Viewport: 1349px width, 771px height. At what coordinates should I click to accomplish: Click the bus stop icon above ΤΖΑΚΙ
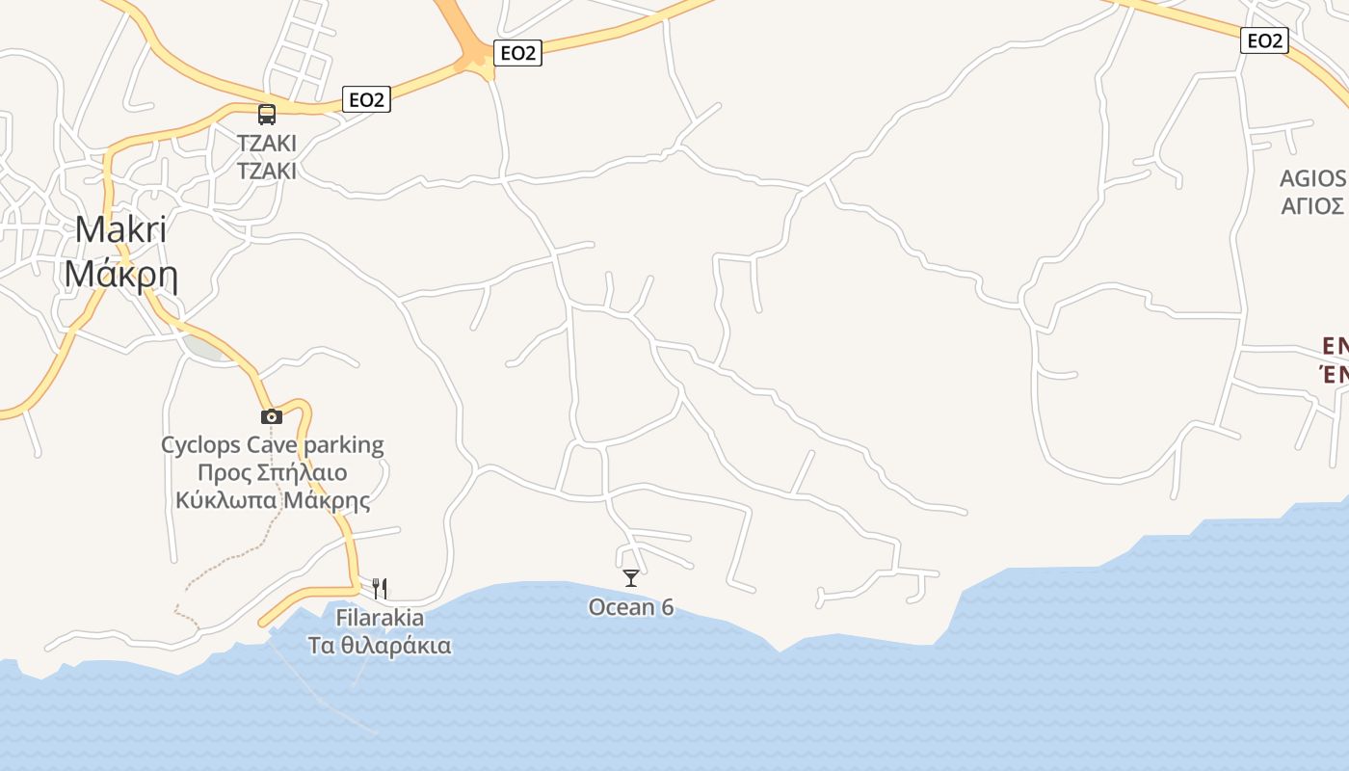pyautogui.click(x=267, y=115)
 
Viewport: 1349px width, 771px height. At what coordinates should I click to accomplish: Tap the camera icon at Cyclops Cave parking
pyautogui.click(x=272, y=416)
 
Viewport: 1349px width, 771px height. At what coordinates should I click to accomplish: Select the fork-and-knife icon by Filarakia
pyautogui.click(x=380, y=588)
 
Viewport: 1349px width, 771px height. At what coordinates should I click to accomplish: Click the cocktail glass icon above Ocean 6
pyautogui.click(x=631, y=578)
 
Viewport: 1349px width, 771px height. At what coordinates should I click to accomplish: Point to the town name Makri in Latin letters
pyautogui.click(x=120, y=229)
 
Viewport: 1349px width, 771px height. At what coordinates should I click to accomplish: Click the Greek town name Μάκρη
pyautogui.click(x=120, y=275)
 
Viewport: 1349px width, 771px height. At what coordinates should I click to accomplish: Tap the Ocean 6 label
pyautogui.click(x=631, y=607)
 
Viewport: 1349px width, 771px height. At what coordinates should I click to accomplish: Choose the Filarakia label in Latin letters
pyautogui.click(x=380, y=618)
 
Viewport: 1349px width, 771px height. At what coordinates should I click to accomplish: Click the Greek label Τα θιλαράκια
pyautogui.click(x=380, y=645)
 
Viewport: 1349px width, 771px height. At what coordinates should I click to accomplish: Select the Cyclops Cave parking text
pyautogui.click(x=272, y=445)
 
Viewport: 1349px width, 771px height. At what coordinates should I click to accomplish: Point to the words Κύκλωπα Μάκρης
pyautogui.click(x=273, y=501)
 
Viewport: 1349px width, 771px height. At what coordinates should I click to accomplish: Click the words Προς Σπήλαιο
pyautogui.click(x=272, y=473)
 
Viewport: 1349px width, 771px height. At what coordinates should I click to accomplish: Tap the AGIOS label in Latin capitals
pyautogui.click(x=1312, y=178)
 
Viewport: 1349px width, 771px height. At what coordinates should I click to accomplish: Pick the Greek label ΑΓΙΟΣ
pyautogui.click(x=1312, y=206)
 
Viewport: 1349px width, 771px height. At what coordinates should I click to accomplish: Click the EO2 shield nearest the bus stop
pyautogui.click(x=366, y=99)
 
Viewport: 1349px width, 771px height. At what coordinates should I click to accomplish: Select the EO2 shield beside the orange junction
pyautogui.click(x=517, y=53)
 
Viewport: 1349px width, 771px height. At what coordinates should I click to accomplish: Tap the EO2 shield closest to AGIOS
pyautogui.click(x=1265, y=40)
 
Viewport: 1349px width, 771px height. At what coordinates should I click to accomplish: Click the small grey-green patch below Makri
pyautogui.click(x=204, y=347)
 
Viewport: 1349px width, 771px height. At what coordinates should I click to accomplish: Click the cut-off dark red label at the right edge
pyautogui.click(x=1335, y=359)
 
